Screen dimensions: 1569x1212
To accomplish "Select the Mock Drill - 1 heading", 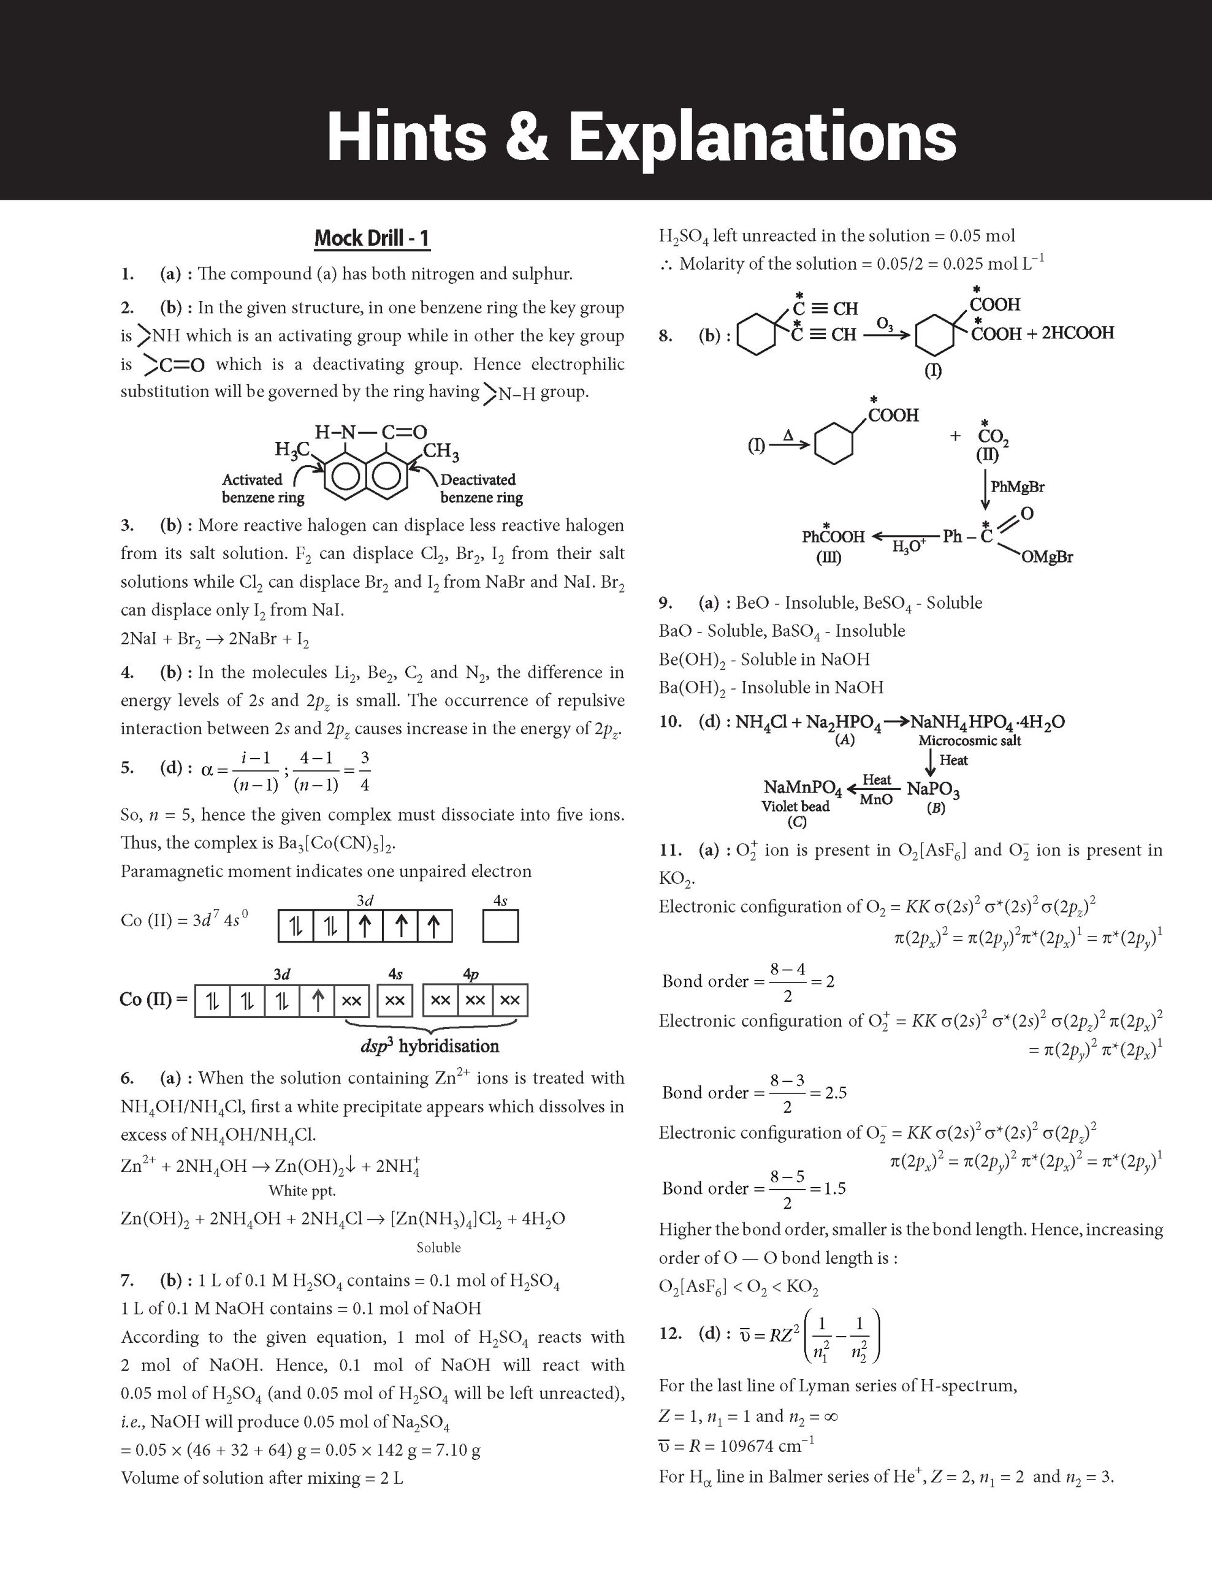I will coord(372,238).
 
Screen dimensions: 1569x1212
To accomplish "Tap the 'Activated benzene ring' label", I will coord(263,488).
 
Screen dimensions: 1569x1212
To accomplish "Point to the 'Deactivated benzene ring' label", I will coord(481,488).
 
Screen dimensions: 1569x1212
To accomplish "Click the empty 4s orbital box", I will coord(500,926).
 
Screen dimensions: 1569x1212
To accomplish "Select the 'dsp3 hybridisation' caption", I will coord(429,1046).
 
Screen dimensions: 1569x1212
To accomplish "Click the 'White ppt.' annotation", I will coord(302,1190).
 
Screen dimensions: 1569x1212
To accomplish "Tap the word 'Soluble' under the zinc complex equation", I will coord(438,1247).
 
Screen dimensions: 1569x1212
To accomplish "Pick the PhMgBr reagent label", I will coord(1016,487).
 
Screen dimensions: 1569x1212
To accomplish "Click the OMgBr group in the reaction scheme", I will coord(1046,557).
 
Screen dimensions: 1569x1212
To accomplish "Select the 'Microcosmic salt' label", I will coord(969,740).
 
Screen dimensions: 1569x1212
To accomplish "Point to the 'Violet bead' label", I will coord(795,806).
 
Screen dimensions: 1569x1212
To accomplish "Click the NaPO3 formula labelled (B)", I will coord(932,789).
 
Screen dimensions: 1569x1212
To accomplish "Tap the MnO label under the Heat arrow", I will coord(876,800).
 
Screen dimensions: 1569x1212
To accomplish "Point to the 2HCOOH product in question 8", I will coord(1077,333).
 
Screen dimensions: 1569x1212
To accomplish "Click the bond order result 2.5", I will coord(836,1093).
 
